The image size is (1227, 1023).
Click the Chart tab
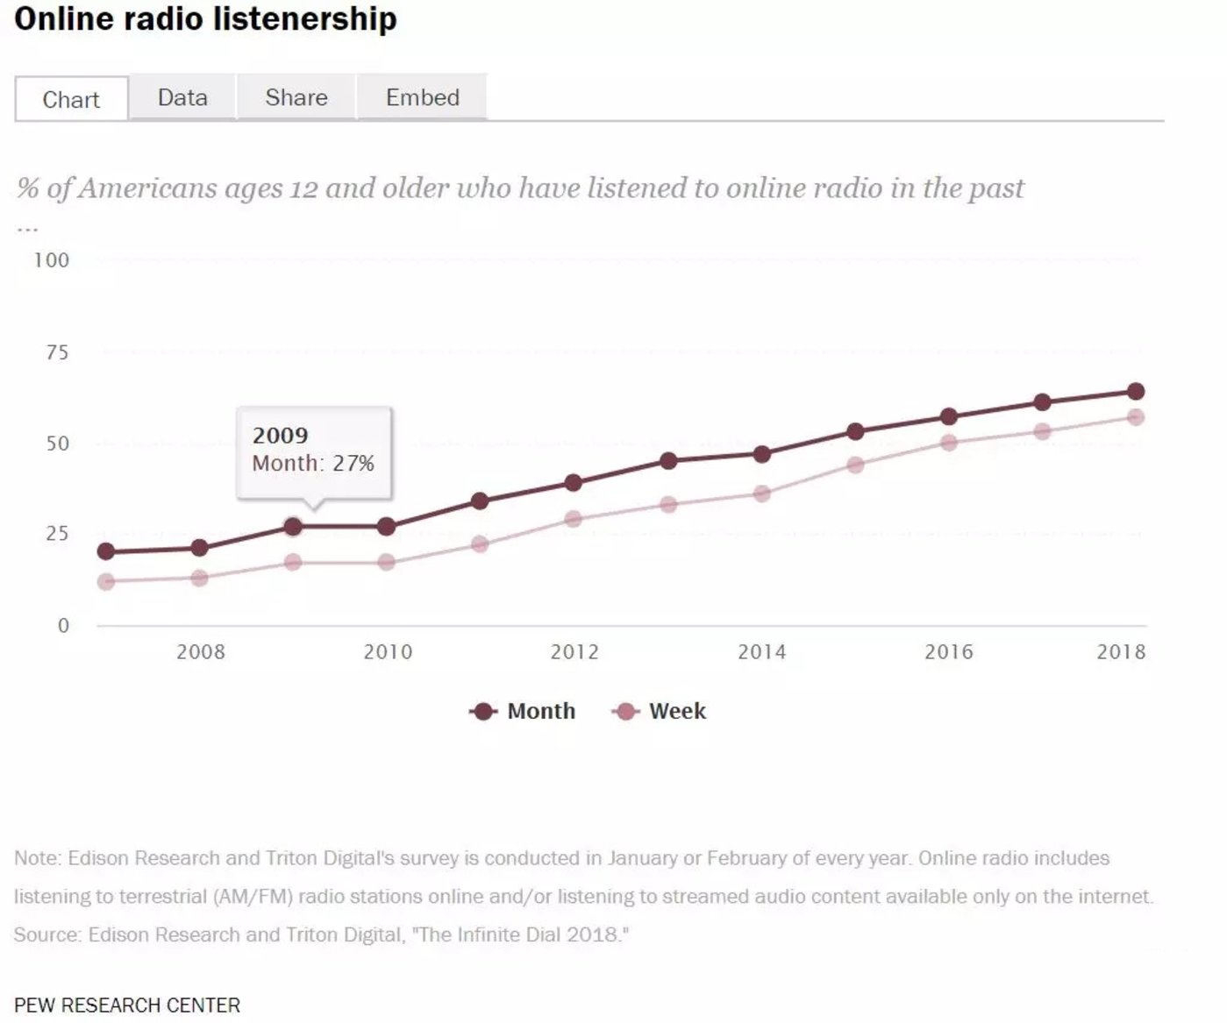pos(71,99)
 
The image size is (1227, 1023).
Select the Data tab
pos(182,97)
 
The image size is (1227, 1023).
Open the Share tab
pos(296,97)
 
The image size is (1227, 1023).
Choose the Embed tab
pos(422,97)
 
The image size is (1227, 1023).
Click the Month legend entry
pos(540,711)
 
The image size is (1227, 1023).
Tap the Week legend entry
pos(676,711)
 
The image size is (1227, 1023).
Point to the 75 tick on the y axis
pos(57,352)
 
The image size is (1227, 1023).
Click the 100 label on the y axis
pos(52,260)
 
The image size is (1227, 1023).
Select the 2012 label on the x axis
pos(574,652)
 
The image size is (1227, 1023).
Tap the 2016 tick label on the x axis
pos(948,652)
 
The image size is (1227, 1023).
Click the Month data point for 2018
pos(1135,391)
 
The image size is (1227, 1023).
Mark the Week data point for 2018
pos(1135,417)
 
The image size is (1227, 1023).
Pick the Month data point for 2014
pos(761,454)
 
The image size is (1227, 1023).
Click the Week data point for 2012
pos(574,519)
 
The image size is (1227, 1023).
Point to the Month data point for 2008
pos(199,548)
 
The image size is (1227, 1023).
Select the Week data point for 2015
pos(855,465)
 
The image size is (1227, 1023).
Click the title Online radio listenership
pos(205,18)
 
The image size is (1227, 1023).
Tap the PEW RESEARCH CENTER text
pos(127,1005)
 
